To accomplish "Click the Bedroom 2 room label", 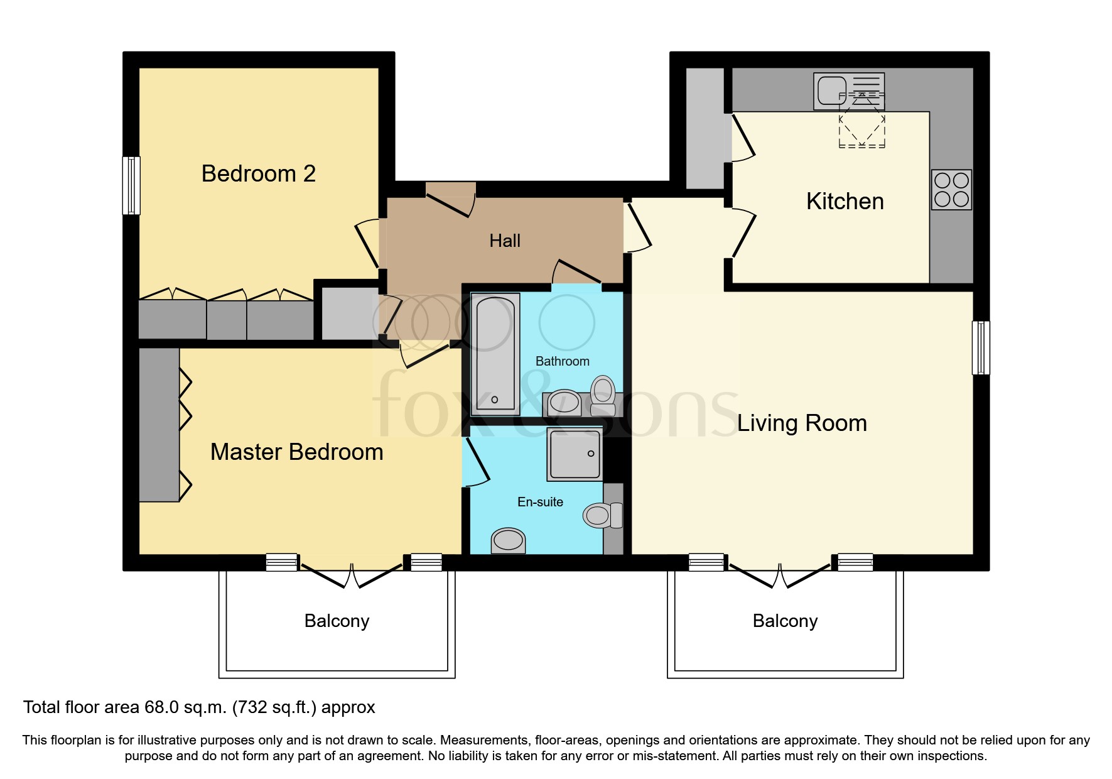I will (x=258, y=173).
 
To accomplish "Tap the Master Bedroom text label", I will (x=296, y=452).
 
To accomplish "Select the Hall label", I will (x=505, y=241).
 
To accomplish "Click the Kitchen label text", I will (x=845, y=201).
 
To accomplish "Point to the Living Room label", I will (x=802, y=423).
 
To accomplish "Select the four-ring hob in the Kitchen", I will (x=951, y=190).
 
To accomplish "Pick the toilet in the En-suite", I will (x=602, y=516).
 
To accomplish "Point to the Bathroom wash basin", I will (x=564, y=403).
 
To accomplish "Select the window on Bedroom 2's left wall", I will (x=131, y=185).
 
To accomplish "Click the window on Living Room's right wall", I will (x=980, y=347).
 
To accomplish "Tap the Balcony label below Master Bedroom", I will (x=337, y=621).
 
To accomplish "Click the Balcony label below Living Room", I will (x=785, y=621).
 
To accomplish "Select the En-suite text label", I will (x=540, y=502).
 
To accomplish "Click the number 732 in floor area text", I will (x=252, y=707).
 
